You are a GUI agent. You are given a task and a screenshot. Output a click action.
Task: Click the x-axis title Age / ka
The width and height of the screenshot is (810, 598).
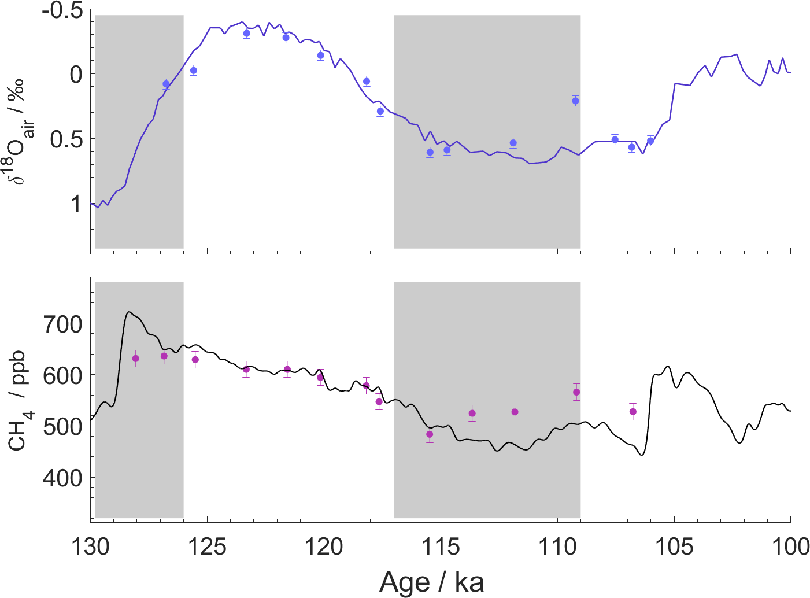[x=432, y=582]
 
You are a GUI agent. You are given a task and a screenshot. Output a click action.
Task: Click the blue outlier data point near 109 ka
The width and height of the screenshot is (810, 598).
[x=575, y=101]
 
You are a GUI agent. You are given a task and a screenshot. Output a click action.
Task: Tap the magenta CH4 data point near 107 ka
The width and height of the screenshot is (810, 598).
[x=633, y=412]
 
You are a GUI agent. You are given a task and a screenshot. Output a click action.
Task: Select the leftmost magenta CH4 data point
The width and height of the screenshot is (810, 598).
[x=136, y=359]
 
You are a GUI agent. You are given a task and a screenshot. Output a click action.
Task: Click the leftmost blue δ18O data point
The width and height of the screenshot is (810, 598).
[x=167, y=84]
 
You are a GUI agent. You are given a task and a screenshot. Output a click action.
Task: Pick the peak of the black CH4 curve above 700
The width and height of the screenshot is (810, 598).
[x=129, y=312]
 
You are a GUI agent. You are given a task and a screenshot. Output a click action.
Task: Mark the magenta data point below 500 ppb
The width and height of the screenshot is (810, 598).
[x=430, y=434]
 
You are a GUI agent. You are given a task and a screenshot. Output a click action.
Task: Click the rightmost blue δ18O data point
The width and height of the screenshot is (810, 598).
[x=650, y=141]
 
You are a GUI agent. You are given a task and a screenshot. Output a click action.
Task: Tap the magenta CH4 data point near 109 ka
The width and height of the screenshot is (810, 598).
[x=576, y=392]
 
